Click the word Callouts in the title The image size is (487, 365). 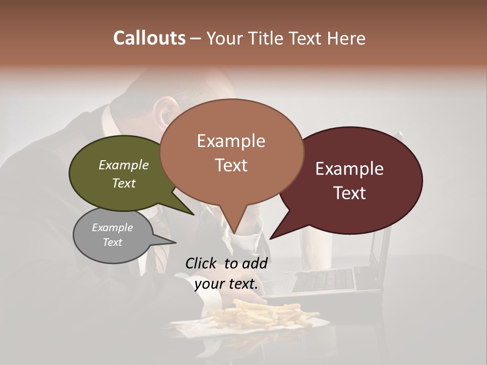pos(149,38)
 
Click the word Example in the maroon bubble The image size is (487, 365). pos(350,169)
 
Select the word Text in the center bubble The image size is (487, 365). pos(231,165)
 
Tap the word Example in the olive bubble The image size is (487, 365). pos(123,165)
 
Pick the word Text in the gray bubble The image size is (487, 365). pos(113,242)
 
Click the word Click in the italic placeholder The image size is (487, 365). pos(201,264)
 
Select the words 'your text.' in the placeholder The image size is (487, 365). pos(226,284)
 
